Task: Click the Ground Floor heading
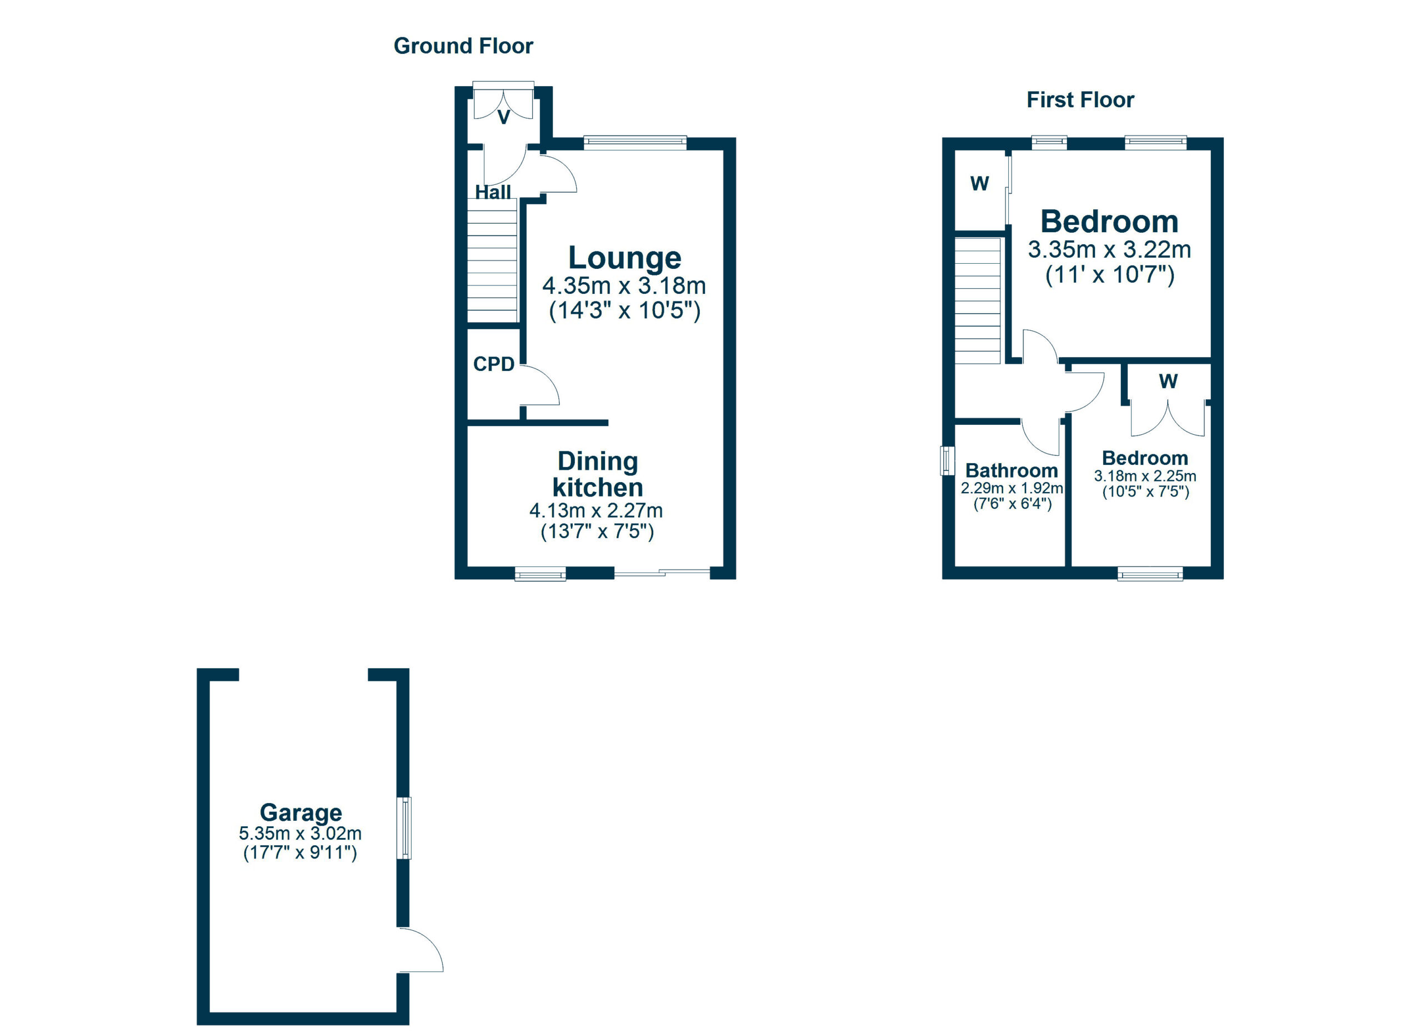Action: pos(463,46)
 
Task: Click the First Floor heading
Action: pos(1080,99)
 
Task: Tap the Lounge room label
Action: pos(624,258)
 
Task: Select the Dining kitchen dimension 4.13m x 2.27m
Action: pos(595,511)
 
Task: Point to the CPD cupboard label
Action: pos(493,364)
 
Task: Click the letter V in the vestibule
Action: pos(503,117)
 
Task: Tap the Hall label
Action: pos(493,192)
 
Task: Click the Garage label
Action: pos(301,812)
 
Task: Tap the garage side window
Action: pos(405,827)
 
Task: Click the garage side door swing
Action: pos(422,951)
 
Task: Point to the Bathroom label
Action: pos(1012,470)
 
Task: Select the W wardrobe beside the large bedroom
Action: pos(979,184)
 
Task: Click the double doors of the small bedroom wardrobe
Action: pos(1168,419)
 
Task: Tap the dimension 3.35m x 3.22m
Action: pos(1109,249)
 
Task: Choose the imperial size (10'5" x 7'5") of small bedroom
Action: pos(1145,491)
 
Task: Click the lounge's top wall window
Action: pos(634,143)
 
